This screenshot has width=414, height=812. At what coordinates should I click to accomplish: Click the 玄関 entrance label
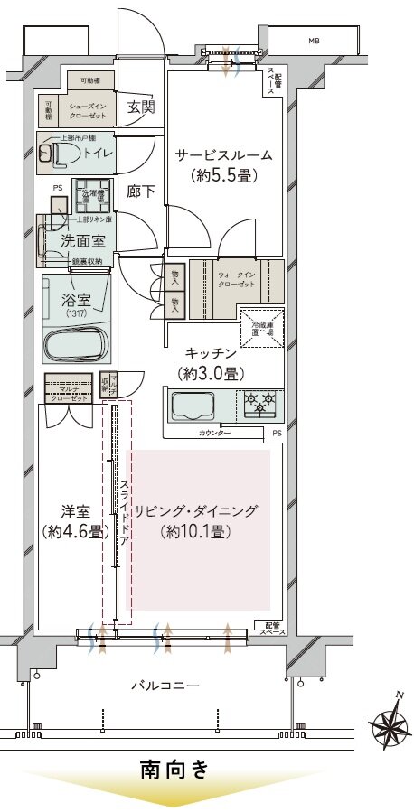(141, 107)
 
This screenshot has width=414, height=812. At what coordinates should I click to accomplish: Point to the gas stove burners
(261, 404)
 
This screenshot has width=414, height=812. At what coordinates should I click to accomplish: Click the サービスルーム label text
(223, 155)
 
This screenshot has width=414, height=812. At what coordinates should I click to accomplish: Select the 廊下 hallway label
(140, 191)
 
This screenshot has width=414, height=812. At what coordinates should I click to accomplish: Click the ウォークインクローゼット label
(237, 277)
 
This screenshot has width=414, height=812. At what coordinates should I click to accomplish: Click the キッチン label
(212, 353)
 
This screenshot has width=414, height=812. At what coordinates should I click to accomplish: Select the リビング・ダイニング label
(196, 511)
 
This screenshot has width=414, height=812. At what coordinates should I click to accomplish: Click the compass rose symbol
(390, 723)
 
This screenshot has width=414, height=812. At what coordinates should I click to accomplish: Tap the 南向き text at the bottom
(174, 770)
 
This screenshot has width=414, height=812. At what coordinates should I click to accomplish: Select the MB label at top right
(314, 41)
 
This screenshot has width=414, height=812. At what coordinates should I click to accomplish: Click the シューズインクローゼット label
(88, 111)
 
